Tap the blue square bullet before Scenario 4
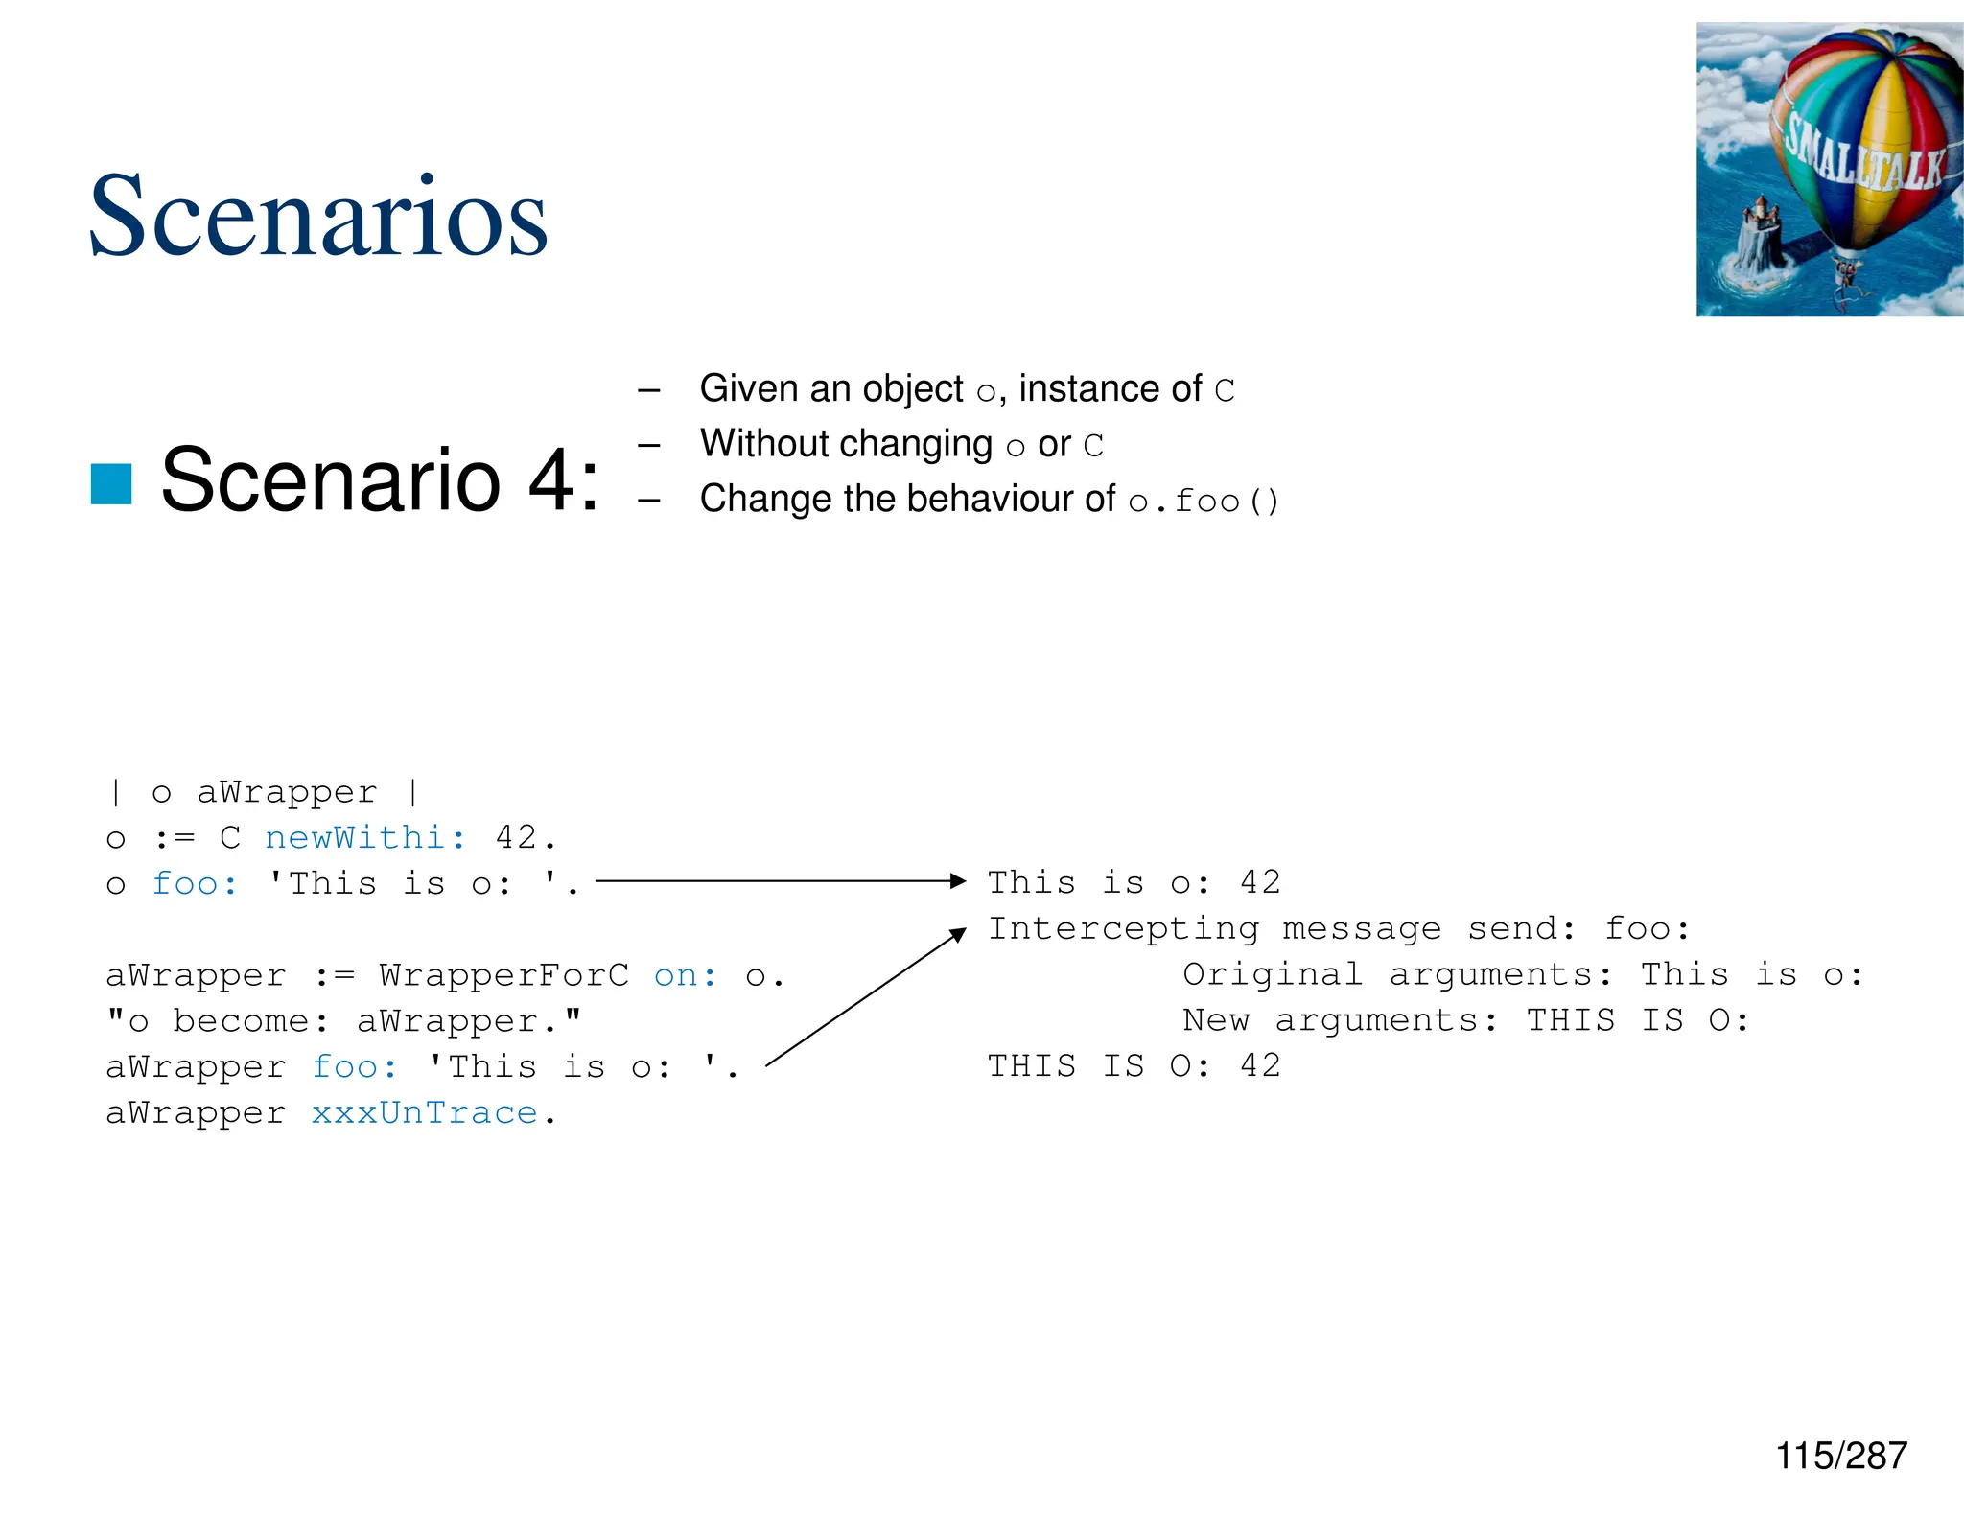click(x=111, y=483)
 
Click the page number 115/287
click(x=1840, y=1456)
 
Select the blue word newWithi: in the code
click(x=365, y=838)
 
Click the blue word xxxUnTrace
click(x=424, y=1113)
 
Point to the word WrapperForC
click(x=504, y=975)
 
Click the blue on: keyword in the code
click(x=685, y=975)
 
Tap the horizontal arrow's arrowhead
click(x=958, y=880)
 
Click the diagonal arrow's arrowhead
click(x=958, y=934)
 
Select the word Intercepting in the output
click(x=1124, y=929)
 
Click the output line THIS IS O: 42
click(x=1134, y=1066)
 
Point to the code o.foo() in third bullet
click(x=1204, y=502)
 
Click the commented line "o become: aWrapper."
click(x=343, y=1021)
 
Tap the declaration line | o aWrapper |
click(x=264, y=793)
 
